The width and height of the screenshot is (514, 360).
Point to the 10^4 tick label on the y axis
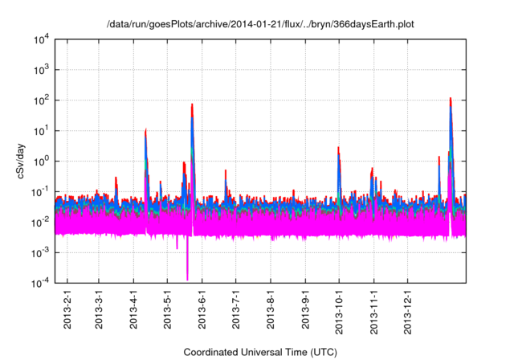pyautogui.click(x=40, y=39)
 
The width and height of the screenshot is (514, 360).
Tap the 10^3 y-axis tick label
pyautogui.click(x=40, y=69)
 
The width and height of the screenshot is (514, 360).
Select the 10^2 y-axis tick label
pyautogui.click(x=40, y=100)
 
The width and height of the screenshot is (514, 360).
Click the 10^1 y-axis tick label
pyautogui.click(x=40, y=130)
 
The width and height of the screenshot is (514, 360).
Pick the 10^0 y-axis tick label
pyautogui.click(x=40, y=161)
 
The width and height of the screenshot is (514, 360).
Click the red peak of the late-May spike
pyautogui.click(x=192, y=104)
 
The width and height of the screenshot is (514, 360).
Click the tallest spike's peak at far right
pyautogui.click(x=451, y=99)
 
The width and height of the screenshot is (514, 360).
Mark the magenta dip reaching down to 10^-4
pyautogui.click(x=187, y=278)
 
